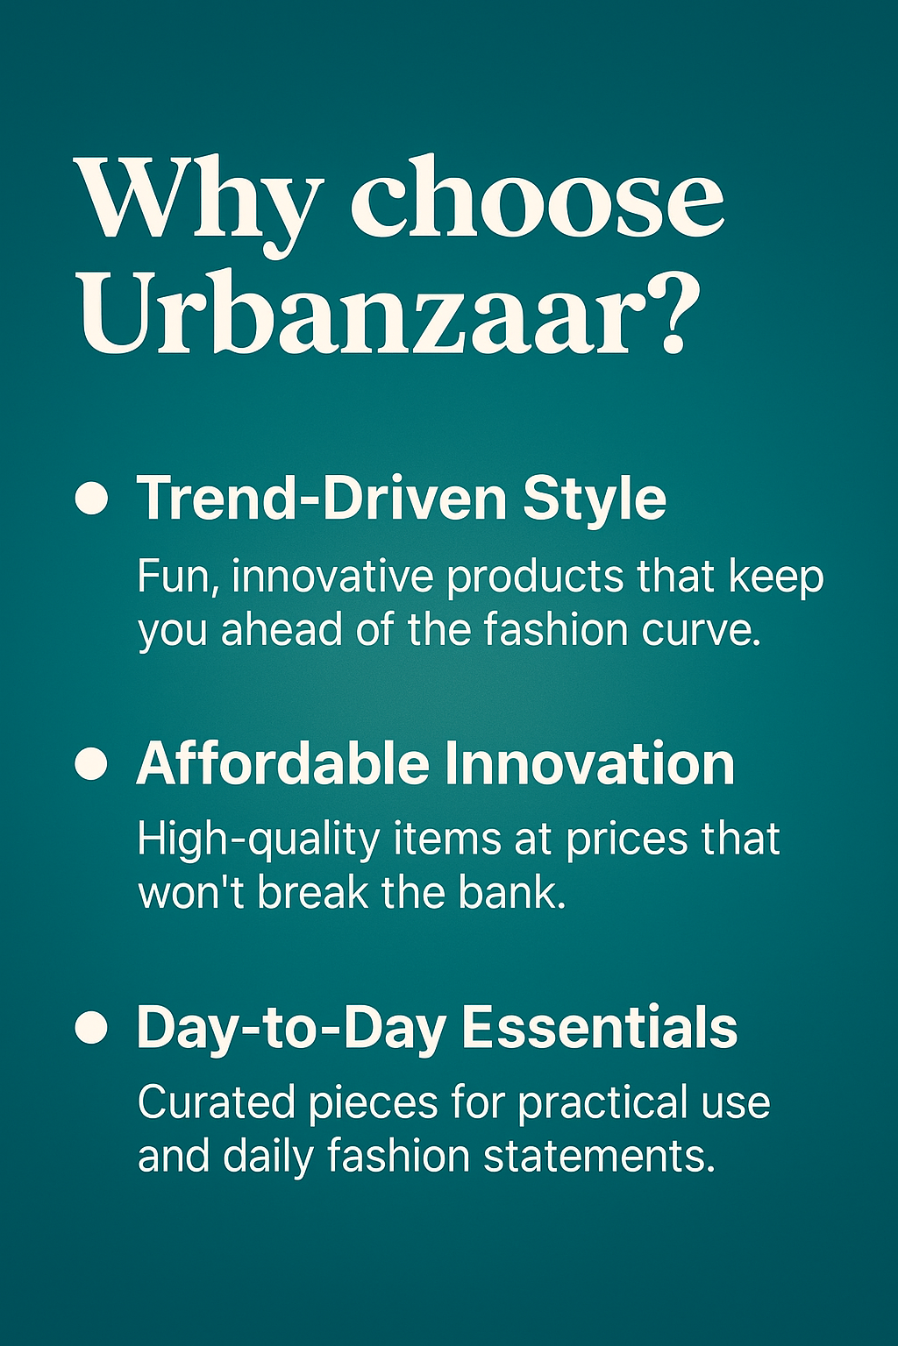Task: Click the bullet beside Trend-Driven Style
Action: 91,498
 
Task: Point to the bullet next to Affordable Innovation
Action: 91,763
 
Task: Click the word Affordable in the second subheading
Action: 282,763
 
